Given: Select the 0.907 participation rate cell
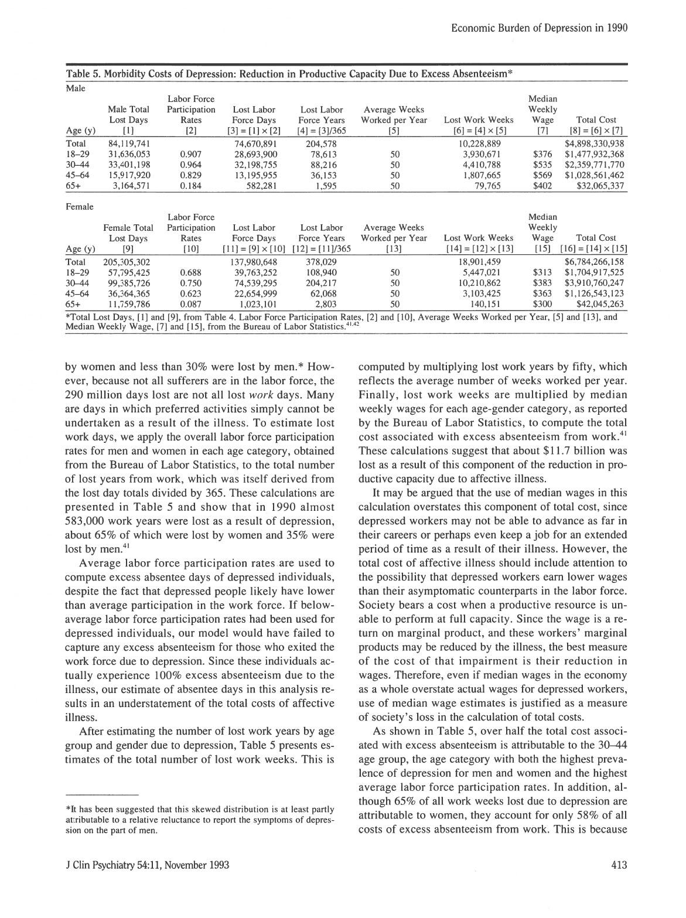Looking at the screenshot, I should pos(192,154).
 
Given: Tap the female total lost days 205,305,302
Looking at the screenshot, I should pos(127,262).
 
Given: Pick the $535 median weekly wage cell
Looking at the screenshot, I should pos(542,165).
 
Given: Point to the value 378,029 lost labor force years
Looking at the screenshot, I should pos(322,262).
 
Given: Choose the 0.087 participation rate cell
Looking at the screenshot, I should pos(192,304).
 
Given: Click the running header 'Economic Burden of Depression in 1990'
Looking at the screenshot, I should pos(540,28).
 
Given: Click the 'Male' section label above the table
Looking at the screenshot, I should pos(76,88).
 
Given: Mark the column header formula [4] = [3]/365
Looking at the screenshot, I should pos(322,130).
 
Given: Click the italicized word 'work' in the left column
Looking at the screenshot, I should pos(245,394).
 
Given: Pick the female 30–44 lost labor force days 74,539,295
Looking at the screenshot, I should pos(254,283).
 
